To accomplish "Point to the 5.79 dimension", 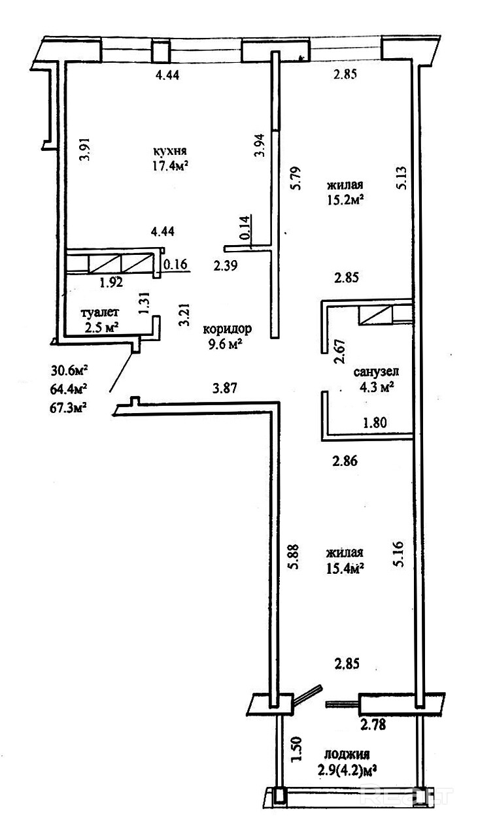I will [296, 179].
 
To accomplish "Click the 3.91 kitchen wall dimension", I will [83, 152].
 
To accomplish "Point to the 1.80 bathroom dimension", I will [375, 422].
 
